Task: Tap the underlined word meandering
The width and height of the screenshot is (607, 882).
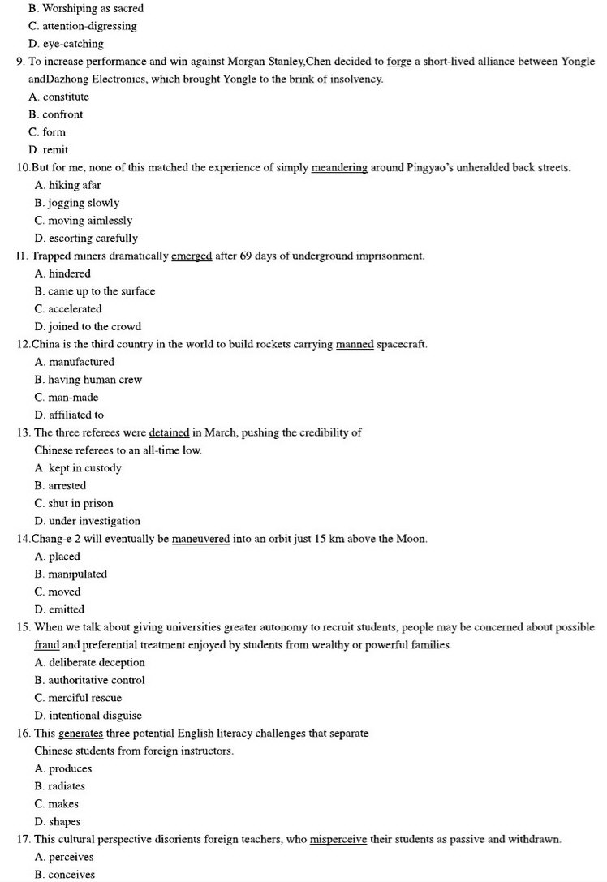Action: click(339, 168)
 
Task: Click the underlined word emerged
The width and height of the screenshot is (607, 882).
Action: click(192, 256)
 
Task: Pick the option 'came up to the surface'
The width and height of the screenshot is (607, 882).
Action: click(95, 291)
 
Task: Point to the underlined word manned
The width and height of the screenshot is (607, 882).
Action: click(355, 345)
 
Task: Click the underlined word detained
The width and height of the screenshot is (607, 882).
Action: click(169, 432)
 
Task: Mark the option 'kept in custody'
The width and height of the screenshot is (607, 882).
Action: click(79, 468)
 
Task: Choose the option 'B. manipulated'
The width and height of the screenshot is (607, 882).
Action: click(71, 574)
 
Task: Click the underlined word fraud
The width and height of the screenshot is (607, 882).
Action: click(47, 645)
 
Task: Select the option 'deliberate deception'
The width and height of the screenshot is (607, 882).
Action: click(88, 663)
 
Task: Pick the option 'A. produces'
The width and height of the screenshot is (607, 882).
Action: click(64, 768)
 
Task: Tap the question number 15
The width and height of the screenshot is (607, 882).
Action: click(23, 627)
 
